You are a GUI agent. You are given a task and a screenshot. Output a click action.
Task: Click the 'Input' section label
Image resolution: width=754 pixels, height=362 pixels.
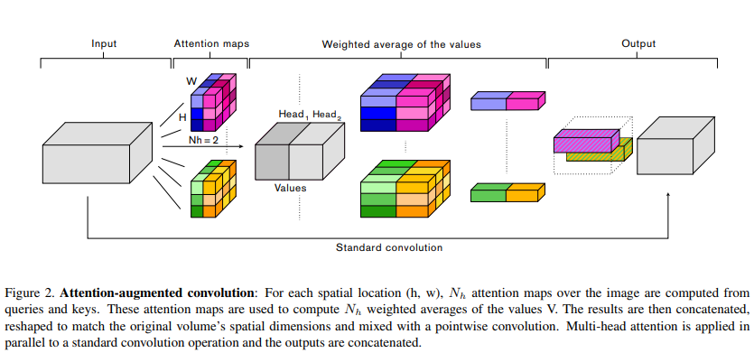click(x=105, y=42)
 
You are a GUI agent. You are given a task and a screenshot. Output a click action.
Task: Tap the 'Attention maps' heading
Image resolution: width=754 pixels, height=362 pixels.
click(x=210, y=42)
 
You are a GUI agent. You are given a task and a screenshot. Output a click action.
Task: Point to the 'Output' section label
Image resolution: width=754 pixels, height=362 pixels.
click(x=638, y=42)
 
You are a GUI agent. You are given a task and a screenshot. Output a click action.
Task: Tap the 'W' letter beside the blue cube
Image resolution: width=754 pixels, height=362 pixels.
click(x=191, y=81)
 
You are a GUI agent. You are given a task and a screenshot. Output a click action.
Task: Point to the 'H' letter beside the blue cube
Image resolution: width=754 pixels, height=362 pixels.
click(x=182, y=117)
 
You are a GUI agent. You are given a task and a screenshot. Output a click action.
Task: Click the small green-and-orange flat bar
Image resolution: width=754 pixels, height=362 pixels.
click(x=508, y=191)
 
